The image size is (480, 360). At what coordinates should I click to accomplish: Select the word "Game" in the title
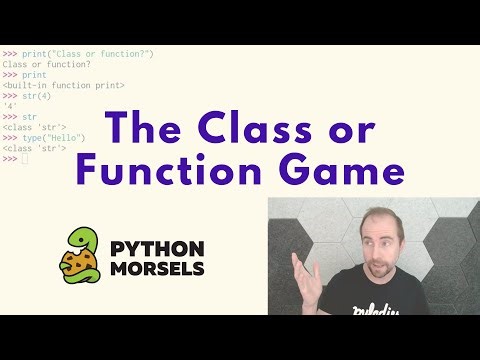point(332,172)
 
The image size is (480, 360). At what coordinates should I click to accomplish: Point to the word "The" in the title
point(151,127)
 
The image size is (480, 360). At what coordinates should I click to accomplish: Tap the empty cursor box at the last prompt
point(25,159)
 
